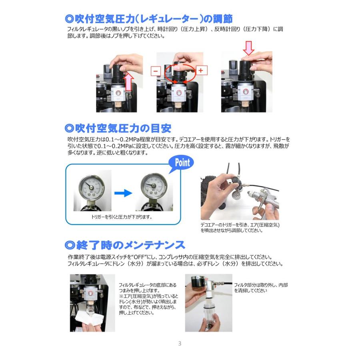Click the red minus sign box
[156, 71]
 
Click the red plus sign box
[202, 70]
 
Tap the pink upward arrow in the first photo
[129, 82]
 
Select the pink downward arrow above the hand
[249, 48]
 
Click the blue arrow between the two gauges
[123, 193]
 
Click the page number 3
[180, 344]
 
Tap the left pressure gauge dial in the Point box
[91, 187]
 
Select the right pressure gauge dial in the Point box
[153, 186]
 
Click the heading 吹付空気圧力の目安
[118, 128]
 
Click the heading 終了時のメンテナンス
[125, 245]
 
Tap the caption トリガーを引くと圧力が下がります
[122, 217]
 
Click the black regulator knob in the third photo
[246, 71]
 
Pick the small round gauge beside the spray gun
[237, 196]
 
